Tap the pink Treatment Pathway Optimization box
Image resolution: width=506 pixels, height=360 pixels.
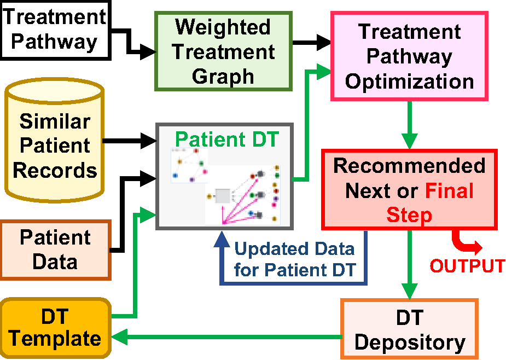click(x=409, y=56)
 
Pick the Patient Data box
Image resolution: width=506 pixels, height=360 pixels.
click(x=55, y=249)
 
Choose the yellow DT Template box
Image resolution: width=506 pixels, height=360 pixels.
click(x=55, y=327)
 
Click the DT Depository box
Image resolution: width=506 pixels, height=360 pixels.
click(x=409, y=328)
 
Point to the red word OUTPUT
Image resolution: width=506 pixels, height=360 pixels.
click(x=467, y=266)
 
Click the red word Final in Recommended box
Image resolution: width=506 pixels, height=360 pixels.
click(x=449, y=191)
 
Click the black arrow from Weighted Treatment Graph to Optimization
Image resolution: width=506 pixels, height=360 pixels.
click(x=312, y=42)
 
